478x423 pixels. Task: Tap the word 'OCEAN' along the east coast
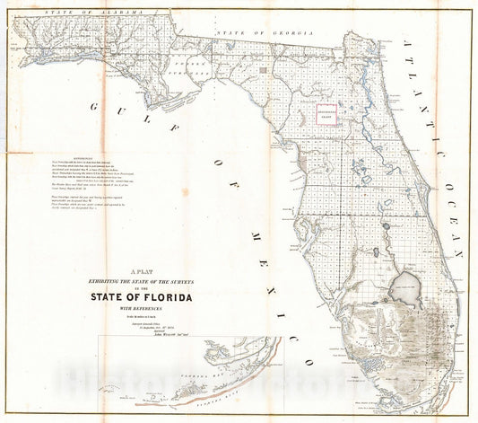[x=453, y=215]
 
